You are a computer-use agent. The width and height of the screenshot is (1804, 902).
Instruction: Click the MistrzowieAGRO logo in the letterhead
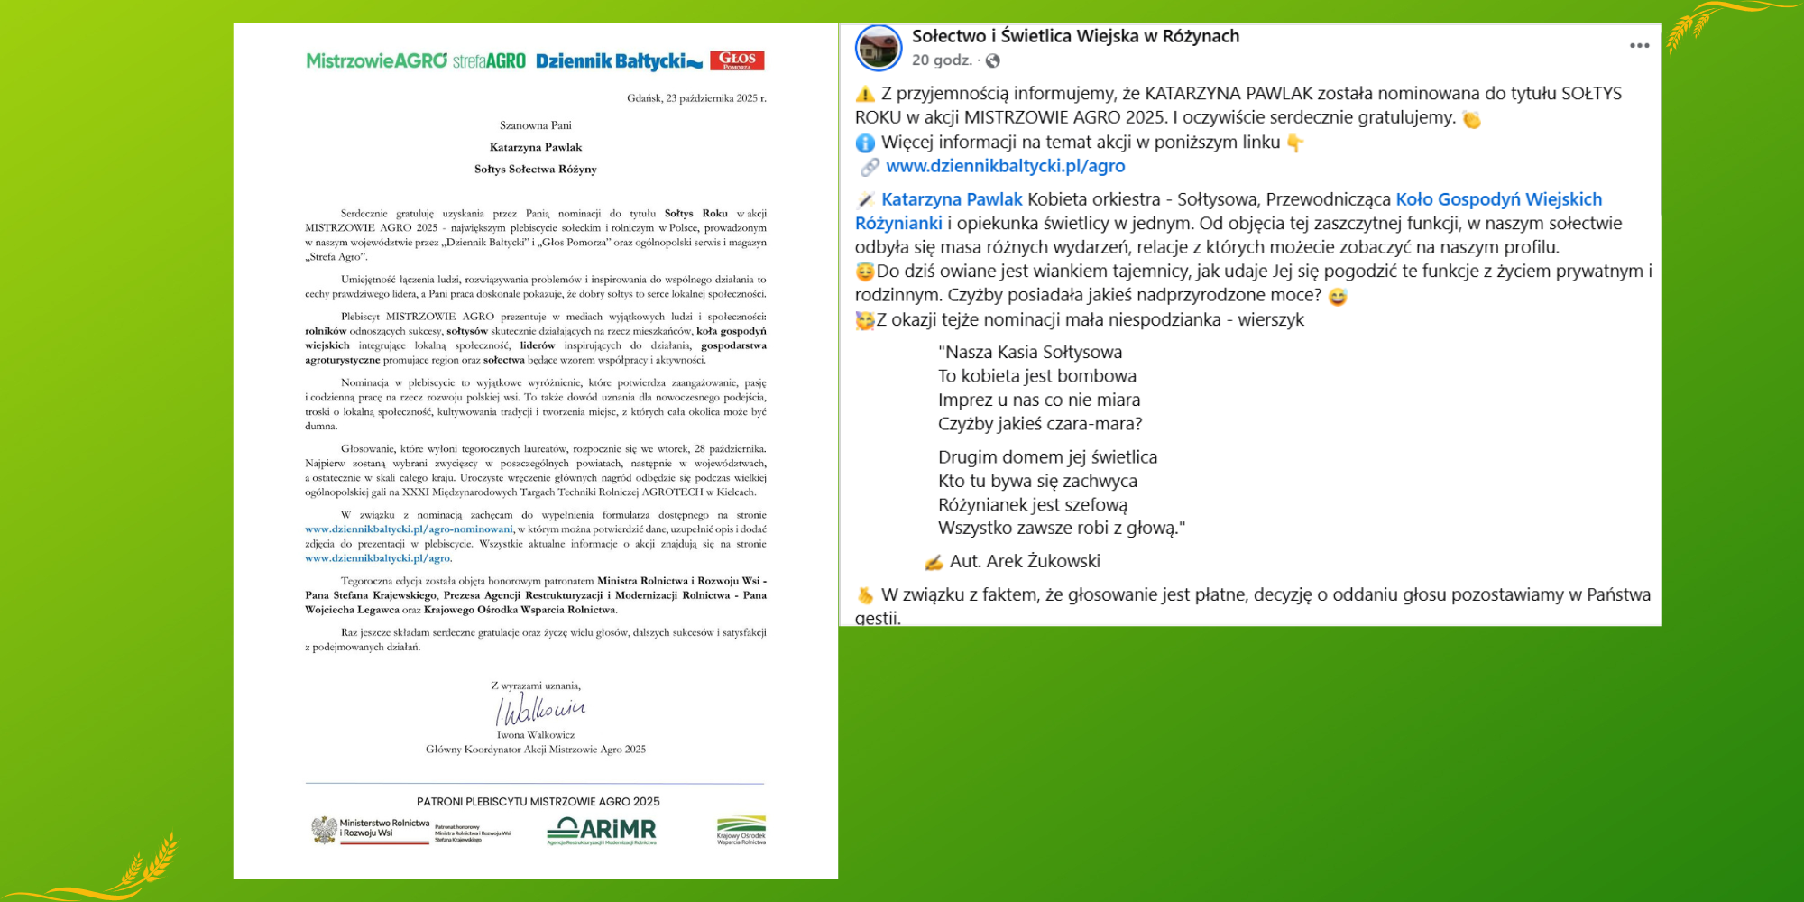[x=376, y=60]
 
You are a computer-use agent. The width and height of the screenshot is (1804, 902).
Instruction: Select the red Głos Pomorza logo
[x=737, y=60]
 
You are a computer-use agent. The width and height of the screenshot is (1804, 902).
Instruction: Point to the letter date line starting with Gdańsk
[x=696, y=98]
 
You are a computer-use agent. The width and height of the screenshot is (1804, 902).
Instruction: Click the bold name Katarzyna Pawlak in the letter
[x=536, y=147]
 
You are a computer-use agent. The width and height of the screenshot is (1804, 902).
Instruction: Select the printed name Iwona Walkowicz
[x=536, y=735]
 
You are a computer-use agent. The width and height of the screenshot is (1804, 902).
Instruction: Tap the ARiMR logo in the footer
[x=602, y=831]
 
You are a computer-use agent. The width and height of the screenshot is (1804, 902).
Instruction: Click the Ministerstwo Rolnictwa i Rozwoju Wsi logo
[x=370, y=830]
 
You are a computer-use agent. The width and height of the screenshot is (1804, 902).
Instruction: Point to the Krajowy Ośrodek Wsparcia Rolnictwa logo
[x=741, y=830]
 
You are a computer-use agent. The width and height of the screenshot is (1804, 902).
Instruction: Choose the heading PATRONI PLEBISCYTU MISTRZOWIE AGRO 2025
[x=538, y=801]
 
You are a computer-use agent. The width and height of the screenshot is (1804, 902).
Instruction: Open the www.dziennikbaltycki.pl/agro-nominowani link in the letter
[x=409, y=529]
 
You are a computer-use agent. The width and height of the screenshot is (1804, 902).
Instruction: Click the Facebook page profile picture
[x=879, y=48]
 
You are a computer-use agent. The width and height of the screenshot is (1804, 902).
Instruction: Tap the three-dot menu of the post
[x=1639, y=46]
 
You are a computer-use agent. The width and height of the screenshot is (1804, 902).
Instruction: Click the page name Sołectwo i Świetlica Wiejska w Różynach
[x=1075, y=36]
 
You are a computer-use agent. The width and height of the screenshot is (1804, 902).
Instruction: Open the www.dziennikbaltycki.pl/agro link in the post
[x=1005, y=166]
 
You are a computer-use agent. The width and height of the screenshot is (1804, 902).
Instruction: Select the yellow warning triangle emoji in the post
[x=865, y=94]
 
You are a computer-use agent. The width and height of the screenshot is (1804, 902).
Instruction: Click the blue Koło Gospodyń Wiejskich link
[x=1498, y=199]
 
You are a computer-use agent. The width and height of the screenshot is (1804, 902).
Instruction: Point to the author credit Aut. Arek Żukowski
[x=1025, y=561]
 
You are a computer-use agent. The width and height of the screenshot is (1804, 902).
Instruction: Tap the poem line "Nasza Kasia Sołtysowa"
[x=1030, y=352]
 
